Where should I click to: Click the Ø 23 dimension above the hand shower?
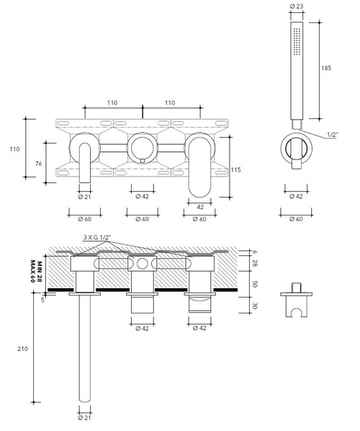(x=295, y=6)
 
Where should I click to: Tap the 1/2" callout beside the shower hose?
(x=333, y=135)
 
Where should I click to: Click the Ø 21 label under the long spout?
(x=84, y=417)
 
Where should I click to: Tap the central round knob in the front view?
(x=142, y=149)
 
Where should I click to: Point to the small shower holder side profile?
(x=295, y=301)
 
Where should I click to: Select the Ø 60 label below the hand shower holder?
(x=295, y=218)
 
